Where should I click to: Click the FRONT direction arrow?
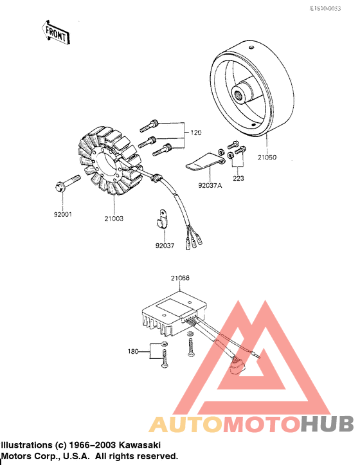click(55, 32)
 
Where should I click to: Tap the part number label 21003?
click(114, 219)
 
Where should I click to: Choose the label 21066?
click(180, 278)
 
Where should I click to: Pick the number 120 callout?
click(195, 133)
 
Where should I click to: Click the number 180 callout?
click(133, 351)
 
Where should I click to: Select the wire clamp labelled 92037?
click(161, 221)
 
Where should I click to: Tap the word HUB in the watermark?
click(327, 424)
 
